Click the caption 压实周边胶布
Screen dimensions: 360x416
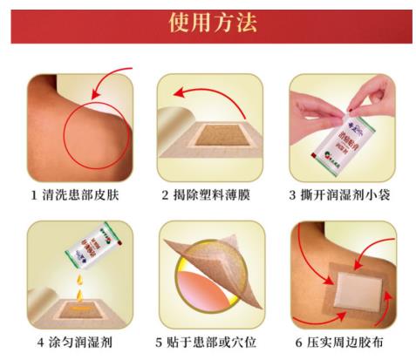(x=346, y=341)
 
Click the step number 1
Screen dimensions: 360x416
(x=32, y=194)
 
